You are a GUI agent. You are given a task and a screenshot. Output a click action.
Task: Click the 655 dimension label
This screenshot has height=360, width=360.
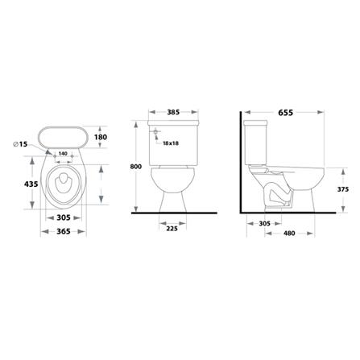tap(285, 113)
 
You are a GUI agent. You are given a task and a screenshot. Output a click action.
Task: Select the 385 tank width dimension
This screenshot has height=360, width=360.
tap(173, 112)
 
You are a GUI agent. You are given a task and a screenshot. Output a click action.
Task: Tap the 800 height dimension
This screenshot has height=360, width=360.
tap(135, 167)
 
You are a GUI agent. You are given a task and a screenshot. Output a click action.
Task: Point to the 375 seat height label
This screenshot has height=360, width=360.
tap(343, 189)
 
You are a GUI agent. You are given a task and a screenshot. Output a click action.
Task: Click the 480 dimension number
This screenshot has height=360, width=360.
tap(289, 234)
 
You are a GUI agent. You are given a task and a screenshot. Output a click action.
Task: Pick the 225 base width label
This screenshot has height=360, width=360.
tap(172, 229)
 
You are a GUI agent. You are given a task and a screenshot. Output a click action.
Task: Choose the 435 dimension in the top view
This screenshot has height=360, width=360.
tap(31, 184)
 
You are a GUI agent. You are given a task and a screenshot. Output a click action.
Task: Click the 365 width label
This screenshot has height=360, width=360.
tap(64, 231)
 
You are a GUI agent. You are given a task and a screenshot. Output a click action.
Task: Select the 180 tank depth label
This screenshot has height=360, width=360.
tap(101, 137)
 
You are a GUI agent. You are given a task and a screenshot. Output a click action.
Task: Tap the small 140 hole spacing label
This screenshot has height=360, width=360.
tap(63, 154)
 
